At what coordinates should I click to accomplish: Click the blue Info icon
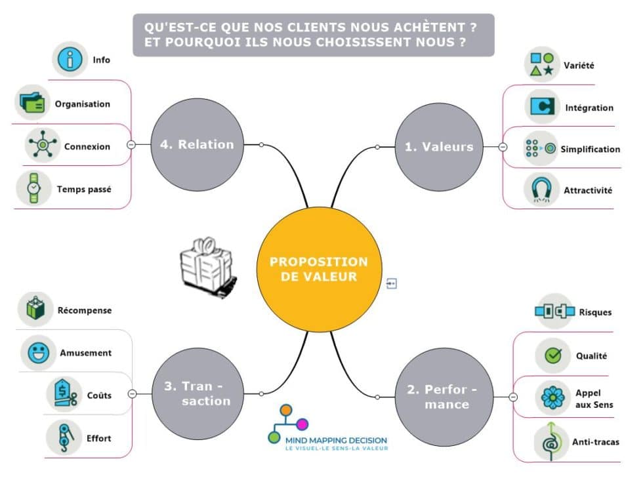(x=70, y=60)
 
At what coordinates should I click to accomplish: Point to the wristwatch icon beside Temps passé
(x=33, y=189)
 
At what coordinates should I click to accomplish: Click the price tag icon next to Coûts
(x=64, y=395)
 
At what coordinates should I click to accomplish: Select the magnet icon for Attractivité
(x=541, y=190)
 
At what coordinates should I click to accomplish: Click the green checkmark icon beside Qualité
(x=552, y=355)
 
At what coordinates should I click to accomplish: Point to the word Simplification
(x=590, y=149)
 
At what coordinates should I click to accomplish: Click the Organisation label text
(x=83, y=104)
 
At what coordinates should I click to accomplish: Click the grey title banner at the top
(x=313, y=35)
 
